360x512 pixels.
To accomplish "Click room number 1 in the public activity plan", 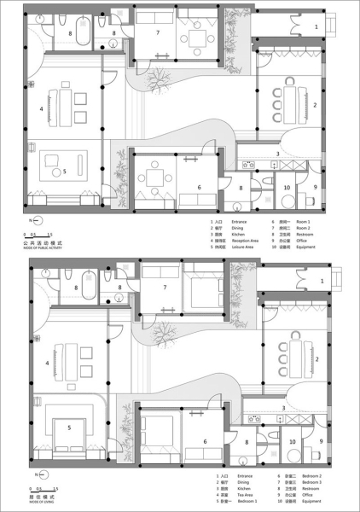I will click(x=316, y=27).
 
